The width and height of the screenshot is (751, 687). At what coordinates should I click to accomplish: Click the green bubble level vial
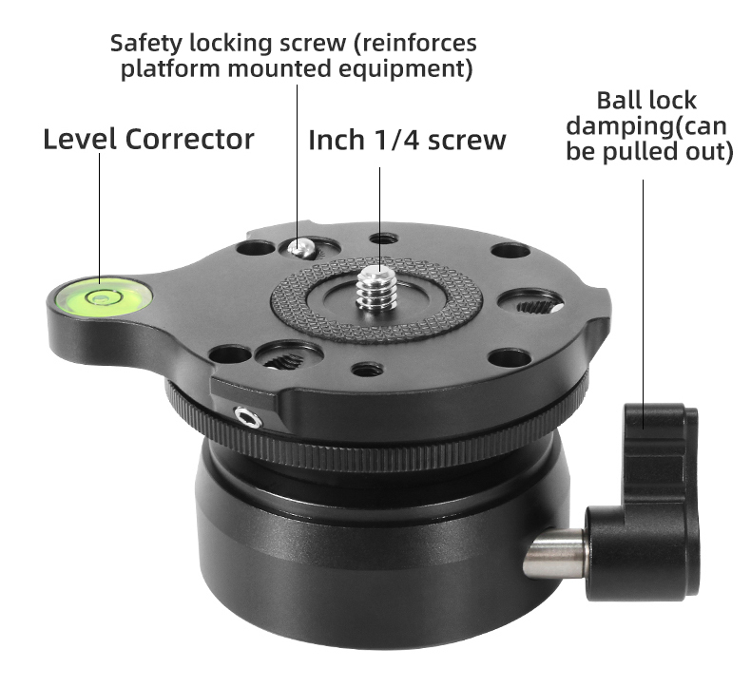pos(100,296)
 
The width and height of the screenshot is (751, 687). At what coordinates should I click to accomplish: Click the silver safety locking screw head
pos(301,247)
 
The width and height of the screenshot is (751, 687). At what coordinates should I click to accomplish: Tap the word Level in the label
pos(80,140)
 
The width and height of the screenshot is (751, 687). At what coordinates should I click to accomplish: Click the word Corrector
pos(190,140)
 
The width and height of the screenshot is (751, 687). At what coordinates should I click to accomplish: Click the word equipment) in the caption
pos(405,69)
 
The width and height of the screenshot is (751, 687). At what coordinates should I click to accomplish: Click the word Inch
pos(337,140)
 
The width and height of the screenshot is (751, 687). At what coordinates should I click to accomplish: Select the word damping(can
pos(646,126)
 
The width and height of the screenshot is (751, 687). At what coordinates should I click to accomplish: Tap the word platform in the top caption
pos(171,69)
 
